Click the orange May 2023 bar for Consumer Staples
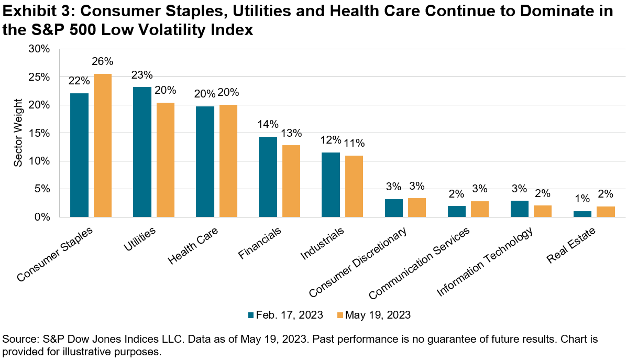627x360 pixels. pyautogui.click(x=103, y=145)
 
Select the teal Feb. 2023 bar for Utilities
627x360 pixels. pyautogui.click(x=142, y=151)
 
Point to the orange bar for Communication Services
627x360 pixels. pyautogui.click(x=480, y=209)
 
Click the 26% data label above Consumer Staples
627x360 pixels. pyautogui.click(x=103, y=61)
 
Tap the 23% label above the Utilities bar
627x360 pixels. pyautogui.click(x=142, y=74)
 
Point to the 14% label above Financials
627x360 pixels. pyautogui.click(x=268, y=125)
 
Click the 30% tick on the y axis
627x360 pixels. pyautogui.click(x=39, y=49)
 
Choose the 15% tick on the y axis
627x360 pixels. pyautogui.click(x=39, y=133)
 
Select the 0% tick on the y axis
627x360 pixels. pyautogui.click(x=41, y=217)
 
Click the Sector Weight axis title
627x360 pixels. pyautogui.click(x=18, y=133)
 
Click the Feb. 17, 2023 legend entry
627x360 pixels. pyautogui.click(x=284, y=315)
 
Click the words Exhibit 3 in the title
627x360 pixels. pyautogui.click(x=34, y=12)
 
